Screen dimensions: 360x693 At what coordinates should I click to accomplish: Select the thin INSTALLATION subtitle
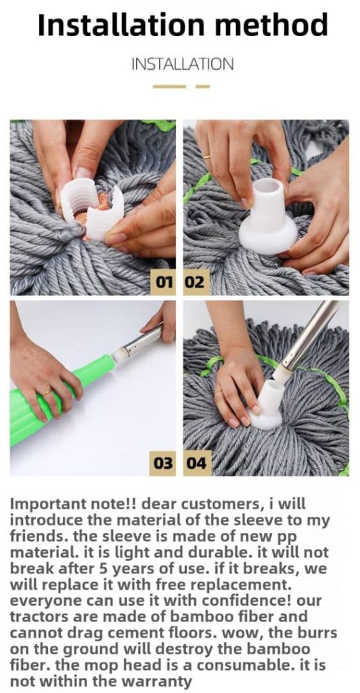pyautogui.click(x=183, y=64)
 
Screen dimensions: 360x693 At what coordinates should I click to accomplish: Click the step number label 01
pyautogui.click(x=164, y=282)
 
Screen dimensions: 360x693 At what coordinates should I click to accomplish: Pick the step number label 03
pyautogui.click(x=164, y=463)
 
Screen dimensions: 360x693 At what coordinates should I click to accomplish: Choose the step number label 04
pyautogui.click(x=196, y=463)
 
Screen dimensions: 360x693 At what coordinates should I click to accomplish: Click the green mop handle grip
pyautogui.click(x=58, y=398)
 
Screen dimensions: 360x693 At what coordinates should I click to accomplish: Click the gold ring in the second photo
pyautogui.click(x=206, y=156)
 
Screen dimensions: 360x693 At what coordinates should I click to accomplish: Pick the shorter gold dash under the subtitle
pyautogui.click(x=203, y=87)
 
